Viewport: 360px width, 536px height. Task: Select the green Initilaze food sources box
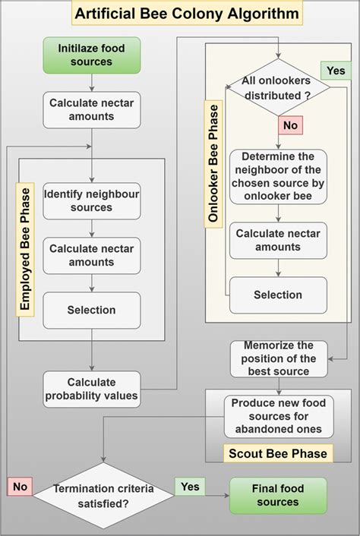coord(91,55)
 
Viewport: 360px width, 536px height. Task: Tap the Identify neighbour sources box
coord(91,200)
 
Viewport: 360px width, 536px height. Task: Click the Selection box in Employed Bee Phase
coord(91,310)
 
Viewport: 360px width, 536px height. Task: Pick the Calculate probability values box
coord(91,389)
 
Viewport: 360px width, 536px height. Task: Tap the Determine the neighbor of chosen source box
coord(279,176)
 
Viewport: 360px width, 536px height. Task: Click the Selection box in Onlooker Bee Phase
coord(279,295)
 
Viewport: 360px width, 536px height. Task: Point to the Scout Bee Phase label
coord(279,454)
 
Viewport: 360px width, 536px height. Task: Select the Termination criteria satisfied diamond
coord(103,496)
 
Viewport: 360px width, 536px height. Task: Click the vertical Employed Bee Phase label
coord(26,250)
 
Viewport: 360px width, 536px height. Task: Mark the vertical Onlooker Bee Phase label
coord(214,162)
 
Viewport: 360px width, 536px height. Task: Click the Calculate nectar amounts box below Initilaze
coord(91,111)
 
